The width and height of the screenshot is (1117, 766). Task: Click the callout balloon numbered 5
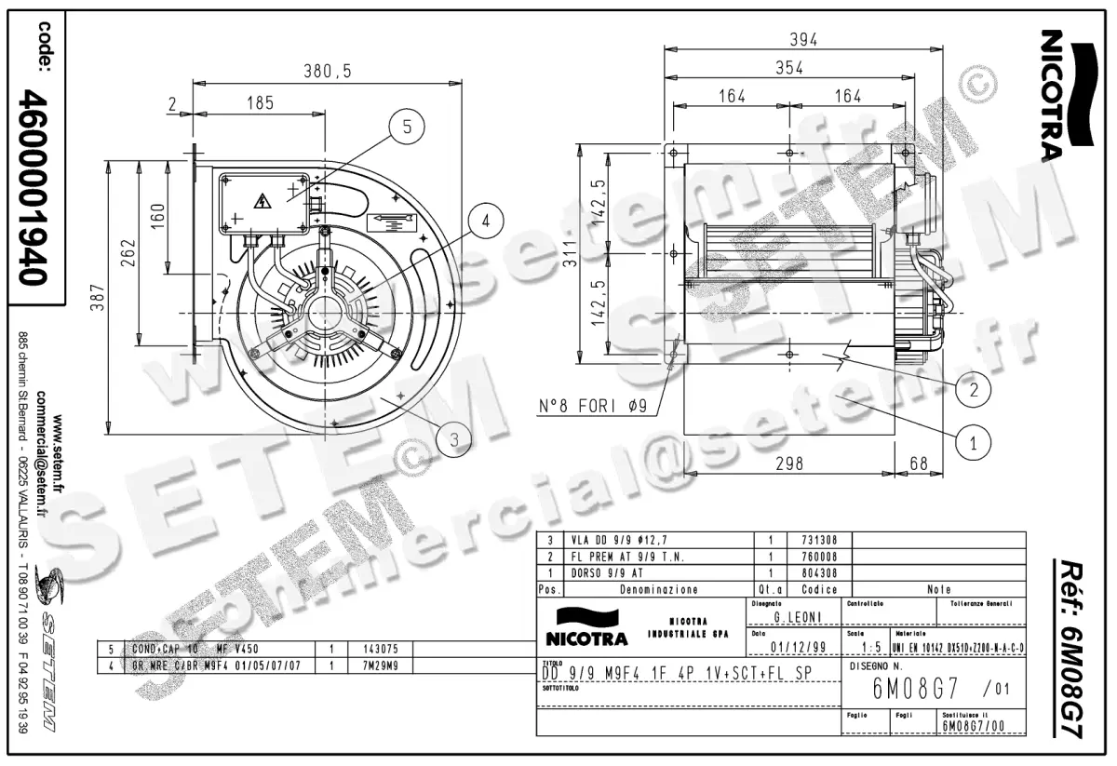pyautogui.click(x=406, y=128)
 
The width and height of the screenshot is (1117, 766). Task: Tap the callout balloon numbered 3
pyautogui.click(x=453, y=438)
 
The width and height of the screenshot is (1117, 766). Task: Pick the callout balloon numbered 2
pyautogui.click(x=974, y=390)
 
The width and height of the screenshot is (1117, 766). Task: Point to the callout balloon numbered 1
pyautogui.click(x=974, y=444)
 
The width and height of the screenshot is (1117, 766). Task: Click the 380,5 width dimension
pyautogui.click(x=327, y=71)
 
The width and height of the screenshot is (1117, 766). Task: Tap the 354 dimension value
pyautogui.click(x=789, y=67)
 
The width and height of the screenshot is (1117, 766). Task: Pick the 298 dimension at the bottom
pyautogui.click(x=788, y=463)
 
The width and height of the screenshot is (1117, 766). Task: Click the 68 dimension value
pyautogui.click(x=919, y=463)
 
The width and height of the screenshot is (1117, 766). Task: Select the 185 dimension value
pyautogui.click(x=260, y=103)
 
